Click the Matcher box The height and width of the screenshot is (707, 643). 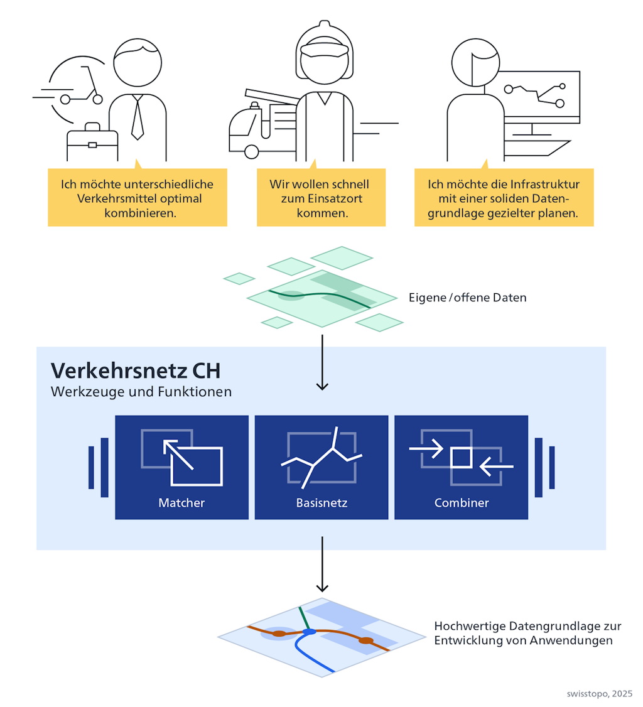[x=181, y=467]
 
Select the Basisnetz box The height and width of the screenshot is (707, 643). [x=321, y=467]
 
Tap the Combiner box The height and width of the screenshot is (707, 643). [x=461, y=467]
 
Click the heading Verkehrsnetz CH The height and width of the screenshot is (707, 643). [x=136, y=370]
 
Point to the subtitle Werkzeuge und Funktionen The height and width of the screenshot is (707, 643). [x=141, y=392]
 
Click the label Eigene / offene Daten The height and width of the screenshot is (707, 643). [x=467, y=298]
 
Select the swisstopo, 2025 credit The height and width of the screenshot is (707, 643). [x=599, y=694]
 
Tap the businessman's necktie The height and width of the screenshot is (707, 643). [x=138, y=119]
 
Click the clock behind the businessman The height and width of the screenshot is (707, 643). [x=69, y=88]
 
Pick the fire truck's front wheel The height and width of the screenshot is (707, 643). [x=252, y=151]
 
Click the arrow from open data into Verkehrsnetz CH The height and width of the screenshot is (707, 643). [x=322, y=362]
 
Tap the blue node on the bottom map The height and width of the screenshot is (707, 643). [x=308, y=631]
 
